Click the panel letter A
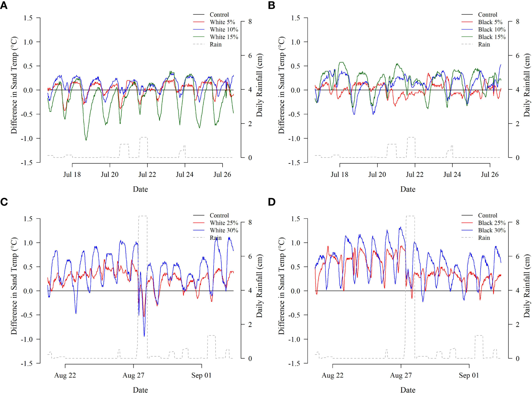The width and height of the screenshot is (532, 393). click(x=4, y=6)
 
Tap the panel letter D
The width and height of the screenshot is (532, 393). click(x=272, y=202)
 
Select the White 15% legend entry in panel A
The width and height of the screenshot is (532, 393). click(x=224, y=37)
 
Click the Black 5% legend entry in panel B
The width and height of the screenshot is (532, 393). click(x=490, y=22)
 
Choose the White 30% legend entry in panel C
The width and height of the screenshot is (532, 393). click(x=224, y=230)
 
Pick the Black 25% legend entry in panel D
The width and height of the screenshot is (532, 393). click(x=491, y=223)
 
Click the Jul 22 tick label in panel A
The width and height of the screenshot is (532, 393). click(x=147, y=175)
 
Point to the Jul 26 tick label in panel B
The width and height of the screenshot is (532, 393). click(x=489, y=175)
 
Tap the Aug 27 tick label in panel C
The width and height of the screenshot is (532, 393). click(x=133, y=375)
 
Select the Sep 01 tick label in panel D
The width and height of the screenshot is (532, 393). click(x=469, y=375)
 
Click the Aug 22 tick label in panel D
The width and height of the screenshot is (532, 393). click(x=332, y=375)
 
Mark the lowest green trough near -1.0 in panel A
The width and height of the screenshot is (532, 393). click(x=86, y=140)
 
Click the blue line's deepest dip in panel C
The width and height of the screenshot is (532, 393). click(x=144, y=336)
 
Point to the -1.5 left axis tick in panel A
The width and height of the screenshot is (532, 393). click(x=26, y=162)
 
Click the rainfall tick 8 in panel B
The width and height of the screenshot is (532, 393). click(x=518, y=22)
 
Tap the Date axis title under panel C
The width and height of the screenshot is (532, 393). click(x=140, y=390)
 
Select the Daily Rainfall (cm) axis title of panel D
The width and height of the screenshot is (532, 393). click(x=526, y=286)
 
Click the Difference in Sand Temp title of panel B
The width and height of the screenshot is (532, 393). click(x=282, y=85)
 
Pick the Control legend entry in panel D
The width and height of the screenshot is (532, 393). click(x=487, y=216)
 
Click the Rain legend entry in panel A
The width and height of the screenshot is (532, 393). click(x=216, y=44)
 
